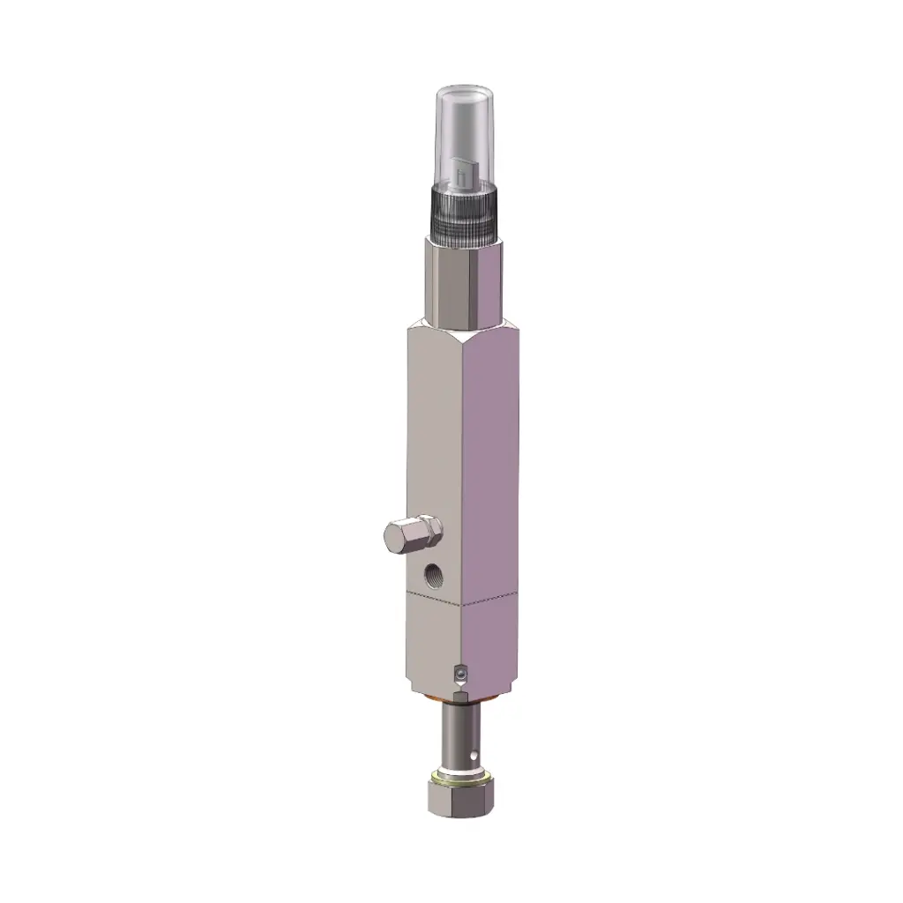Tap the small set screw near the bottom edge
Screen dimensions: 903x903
[459, 675]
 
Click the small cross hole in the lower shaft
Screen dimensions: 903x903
[475, 755]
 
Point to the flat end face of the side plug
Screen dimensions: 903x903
[394, 536]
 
